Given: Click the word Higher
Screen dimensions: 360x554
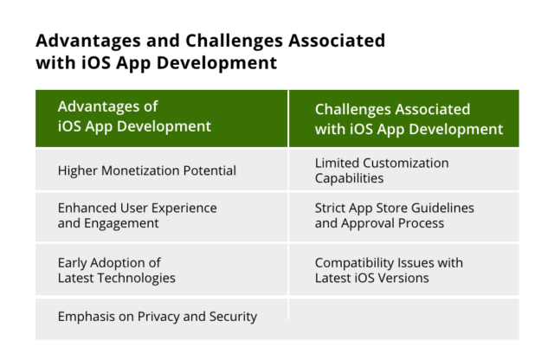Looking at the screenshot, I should [78, 170].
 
